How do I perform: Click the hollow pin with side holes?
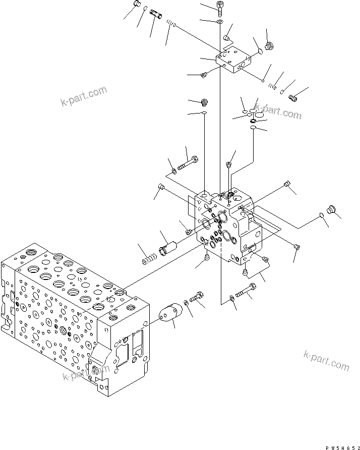coord(157,16)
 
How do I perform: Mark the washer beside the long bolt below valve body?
coord(231,299)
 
